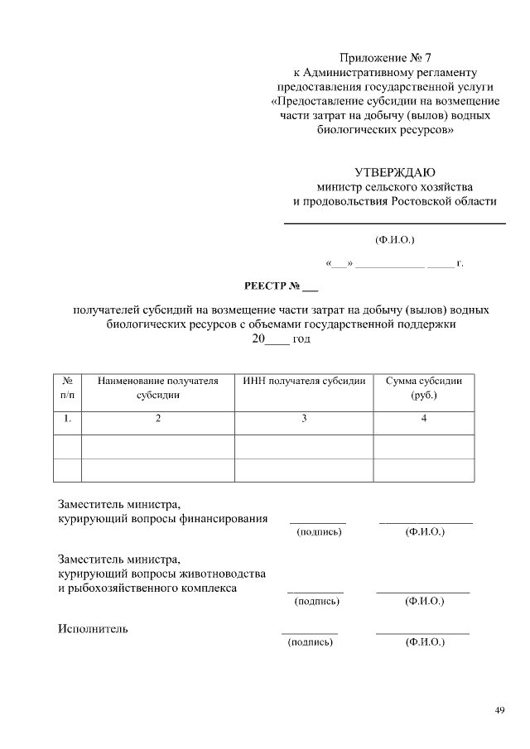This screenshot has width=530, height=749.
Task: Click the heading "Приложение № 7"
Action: click(x=386, y=58)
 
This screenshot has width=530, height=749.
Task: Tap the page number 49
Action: click(x=499, y=709)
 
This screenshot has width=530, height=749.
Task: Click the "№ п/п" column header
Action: click(x=67, y=388)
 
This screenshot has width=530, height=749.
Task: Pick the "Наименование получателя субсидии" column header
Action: click(x=158, y=388)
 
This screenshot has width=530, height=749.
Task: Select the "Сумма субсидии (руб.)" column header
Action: click(x=424, y=388)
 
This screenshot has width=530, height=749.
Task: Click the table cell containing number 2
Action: click(x=158, y=420)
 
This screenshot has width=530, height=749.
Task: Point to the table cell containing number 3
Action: click(x=304, y=420)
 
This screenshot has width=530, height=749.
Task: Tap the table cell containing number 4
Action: click(x=424, y=420)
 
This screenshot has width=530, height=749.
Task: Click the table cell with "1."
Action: click(x=67, y=420)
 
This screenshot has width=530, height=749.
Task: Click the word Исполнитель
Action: click(x=93, y=629)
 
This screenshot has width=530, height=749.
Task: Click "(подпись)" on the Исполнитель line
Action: click(x=310, y=642)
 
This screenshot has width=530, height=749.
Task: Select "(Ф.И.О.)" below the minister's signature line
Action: click(x=394, y=241)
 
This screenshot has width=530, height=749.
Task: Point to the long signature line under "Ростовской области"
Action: click(x=395, y=223)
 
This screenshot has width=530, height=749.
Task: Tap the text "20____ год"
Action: click(x=281, y=339)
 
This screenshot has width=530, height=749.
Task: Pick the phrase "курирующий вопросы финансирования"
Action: click(x=162, y=519)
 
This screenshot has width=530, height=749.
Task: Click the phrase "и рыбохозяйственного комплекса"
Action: click(x=147, y=588)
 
